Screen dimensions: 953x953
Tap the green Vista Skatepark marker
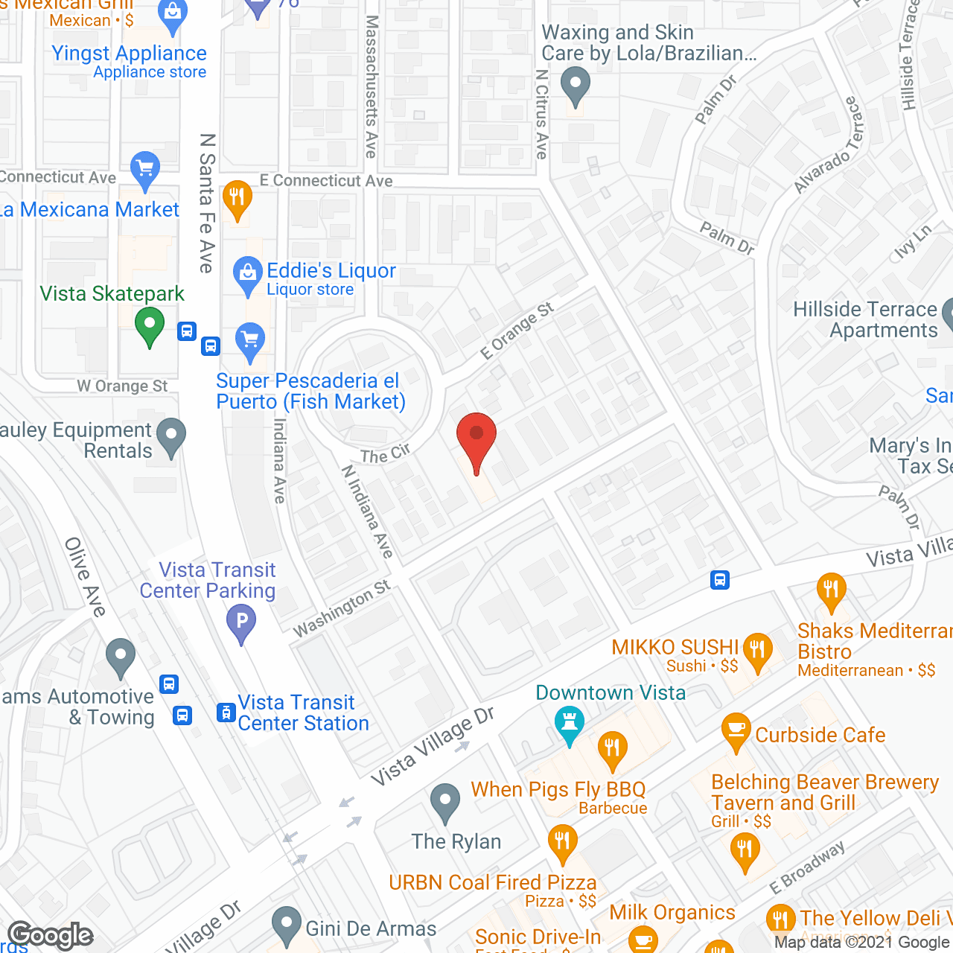[150, 326]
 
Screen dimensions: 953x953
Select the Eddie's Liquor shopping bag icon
[247, 275]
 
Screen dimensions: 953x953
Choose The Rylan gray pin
[445, 802]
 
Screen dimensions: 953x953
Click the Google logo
[51, 935]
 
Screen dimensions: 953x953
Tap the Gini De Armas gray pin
[287, 925]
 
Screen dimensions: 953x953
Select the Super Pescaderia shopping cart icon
[250, 341]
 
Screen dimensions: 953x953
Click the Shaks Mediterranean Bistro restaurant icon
[831, 591]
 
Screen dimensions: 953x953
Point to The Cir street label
[385, 454]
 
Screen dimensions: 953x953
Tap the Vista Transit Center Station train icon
[226, 713]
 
